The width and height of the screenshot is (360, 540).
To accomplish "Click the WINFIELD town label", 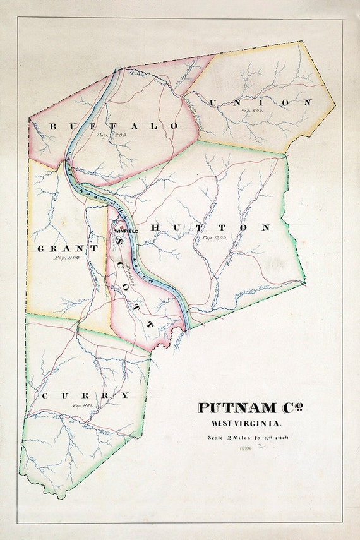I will tap(126, 231).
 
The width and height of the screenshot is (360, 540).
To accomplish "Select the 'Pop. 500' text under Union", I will tap(252, 110).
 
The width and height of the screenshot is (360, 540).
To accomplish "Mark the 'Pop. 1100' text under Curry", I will tap(83, 405).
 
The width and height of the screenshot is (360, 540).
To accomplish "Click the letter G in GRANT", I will tap(42, 248).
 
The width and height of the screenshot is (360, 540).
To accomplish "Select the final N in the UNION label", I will tap(308, 102).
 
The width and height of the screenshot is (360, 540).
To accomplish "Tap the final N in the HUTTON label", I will tap(266, 227).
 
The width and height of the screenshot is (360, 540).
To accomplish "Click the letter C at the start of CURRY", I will tap(45, 396).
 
